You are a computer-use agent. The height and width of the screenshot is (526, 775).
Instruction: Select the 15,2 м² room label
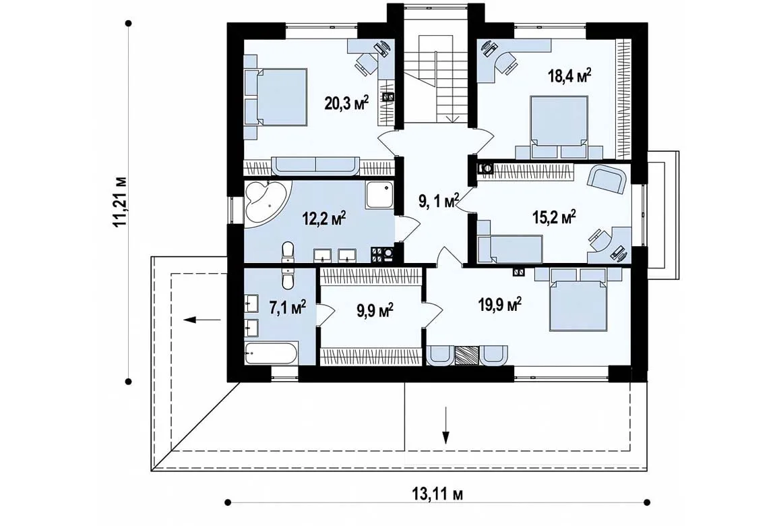[x=553, y=216]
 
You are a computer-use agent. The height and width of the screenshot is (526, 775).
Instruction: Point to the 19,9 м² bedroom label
[x=499, y=305]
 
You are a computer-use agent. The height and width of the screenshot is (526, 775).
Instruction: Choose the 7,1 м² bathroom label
[x=287, y=308]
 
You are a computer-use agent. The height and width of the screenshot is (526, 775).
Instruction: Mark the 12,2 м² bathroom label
[x=323, y=218]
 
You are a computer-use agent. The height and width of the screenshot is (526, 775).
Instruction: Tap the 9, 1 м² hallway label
[x=439, y=201]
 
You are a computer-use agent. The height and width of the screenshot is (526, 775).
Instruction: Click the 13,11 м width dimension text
[x=437, y=494]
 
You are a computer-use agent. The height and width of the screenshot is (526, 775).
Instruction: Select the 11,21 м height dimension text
[x=119, y=202]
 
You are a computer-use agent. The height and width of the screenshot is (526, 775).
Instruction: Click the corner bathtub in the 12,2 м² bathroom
[x=266, y=203]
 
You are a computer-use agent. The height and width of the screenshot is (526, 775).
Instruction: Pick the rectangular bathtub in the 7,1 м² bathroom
[x=271, y=353]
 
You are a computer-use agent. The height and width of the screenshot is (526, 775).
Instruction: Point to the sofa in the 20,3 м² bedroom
[x=316, y=166]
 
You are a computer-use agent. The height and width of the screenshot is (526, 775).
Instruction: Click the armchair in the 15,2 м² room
[x=607, y=179]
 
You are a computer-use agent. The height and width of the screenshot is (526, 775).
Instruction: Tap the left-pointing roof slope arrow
[x=202, y=320]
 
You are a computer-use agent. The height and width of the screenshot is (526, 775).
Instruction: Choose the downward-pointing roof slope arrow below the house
[x=446, y=425]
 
